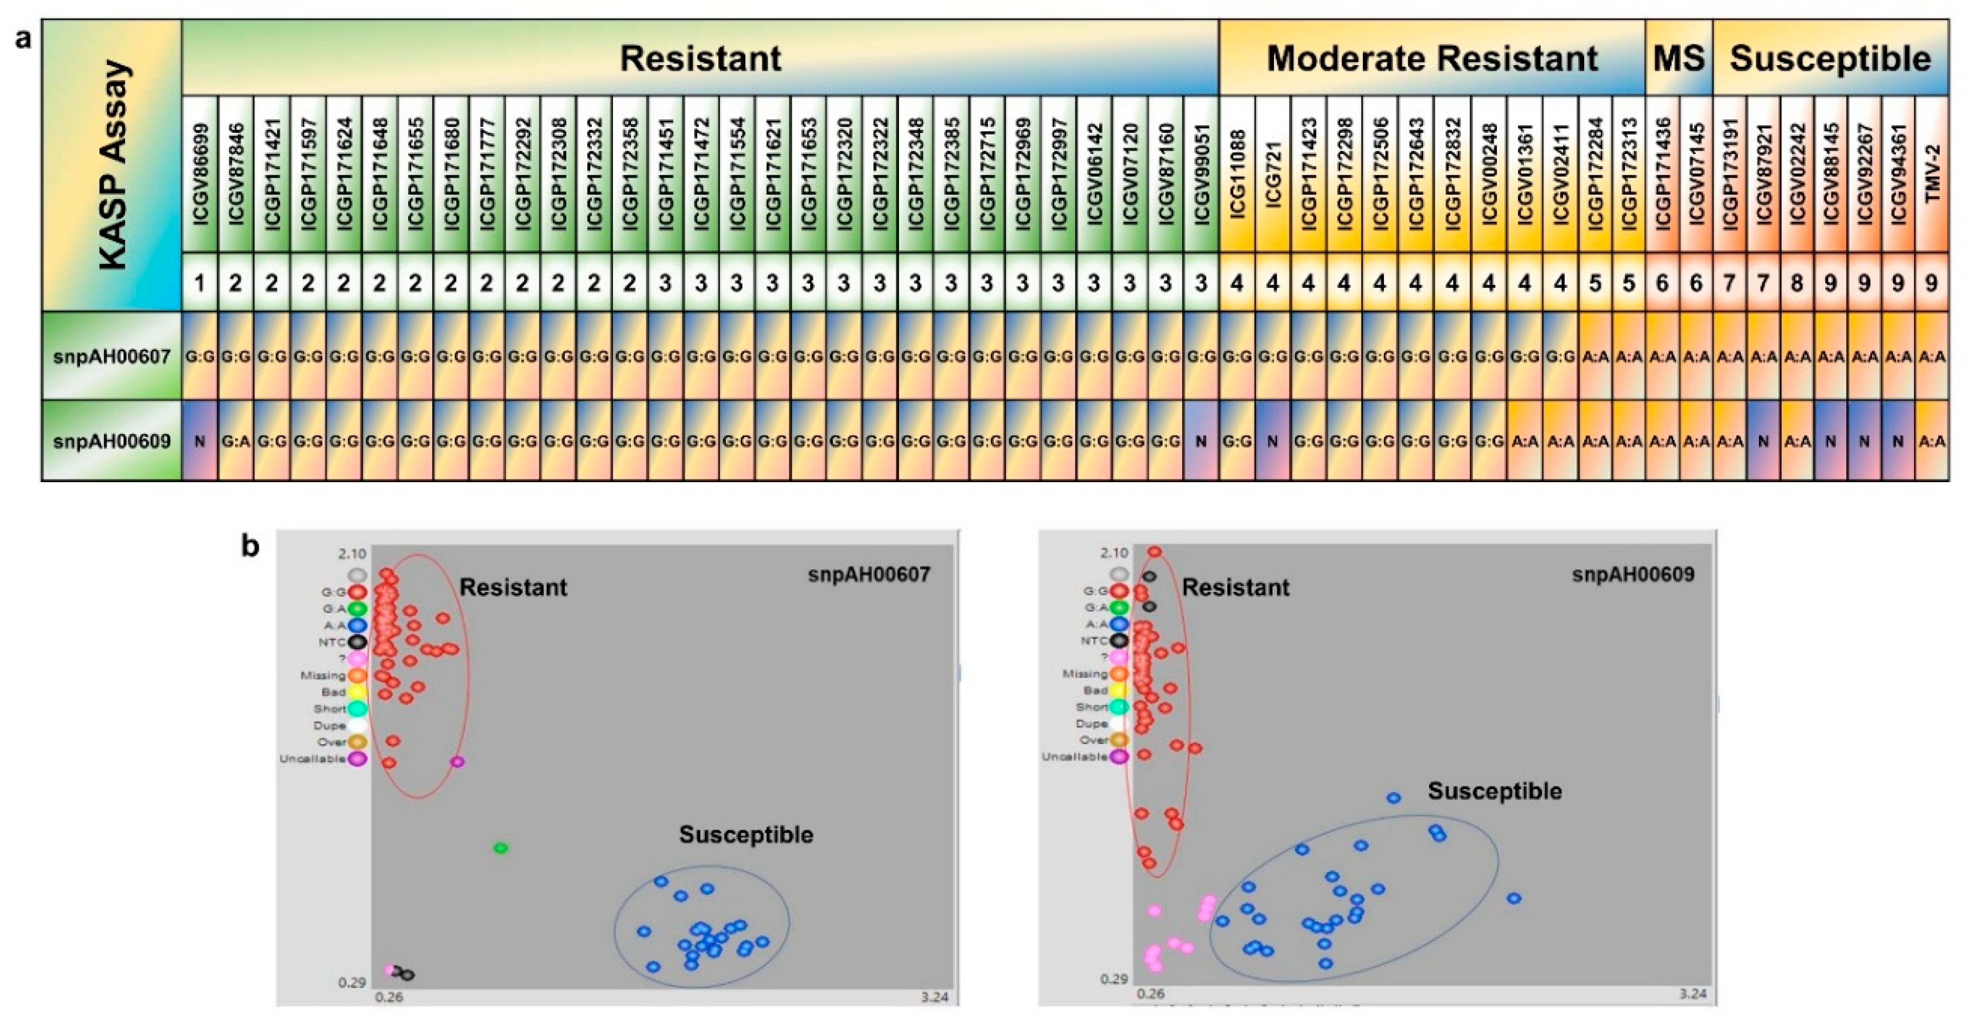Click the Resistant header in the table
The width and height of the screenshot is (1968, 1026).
(700, 59)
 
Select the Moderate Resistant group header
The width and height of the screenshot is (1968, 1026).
(1432, 59)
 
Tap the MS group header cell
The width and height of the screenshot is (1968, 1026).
(1678, 59)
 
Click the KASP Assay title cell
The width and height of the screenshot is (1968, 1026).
(113, 164)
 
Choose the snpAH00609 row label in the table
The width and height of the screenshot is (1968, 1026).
(113, 441)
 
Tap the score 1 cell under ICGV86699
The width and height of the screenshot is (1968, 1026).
(200, 284)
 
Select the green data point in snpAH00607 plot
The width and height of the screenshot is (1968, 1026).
(500, 848)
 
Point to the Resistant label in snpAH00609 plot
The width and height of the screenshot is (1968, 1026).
(1236, 587)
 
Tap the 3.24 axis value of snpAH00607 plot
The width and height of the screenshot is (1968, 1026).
(934, 997)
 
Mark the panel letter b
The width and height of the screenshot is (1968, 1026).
(250, 547)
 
